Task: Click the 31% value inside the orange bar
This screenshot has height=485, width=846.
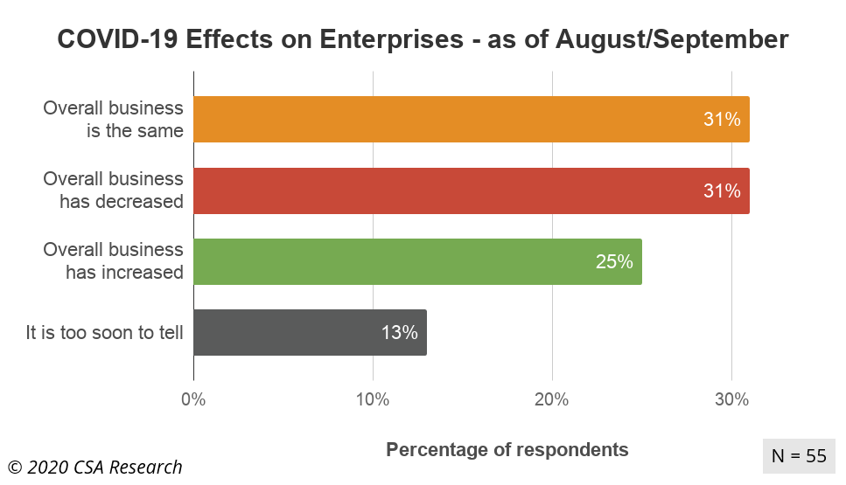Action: pos(722,119)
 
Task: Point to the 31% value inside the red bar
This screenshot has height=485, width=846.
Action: pos(722,191)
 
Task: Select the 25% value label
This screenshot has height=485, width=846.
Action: pos(614,261)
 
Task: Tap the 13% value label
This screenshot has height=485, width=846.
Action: pos(399,332)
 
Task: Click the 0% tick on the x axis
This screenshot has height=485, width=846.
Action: pos(193,399)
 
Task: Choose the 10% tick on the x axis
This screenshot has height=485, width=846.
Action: pos(373,399)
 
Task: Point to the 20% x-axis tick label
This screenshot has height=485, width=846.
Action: pos(552,399)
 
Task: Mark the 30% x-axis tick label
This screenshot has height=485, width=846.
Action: pos(731,399)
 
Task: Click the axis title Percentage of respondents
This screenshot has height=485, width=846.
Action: pos(507,450)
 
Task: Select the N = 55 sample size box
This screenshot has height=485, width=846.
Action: pos(799,455)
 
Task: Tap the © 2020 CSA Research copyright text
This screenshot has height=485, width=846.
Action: pos(95,467)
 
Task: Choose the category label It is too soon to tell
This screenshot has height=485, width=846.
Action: pos(104,332)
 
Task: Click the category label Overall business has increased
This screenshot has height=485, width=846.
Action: pos(114,261)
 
